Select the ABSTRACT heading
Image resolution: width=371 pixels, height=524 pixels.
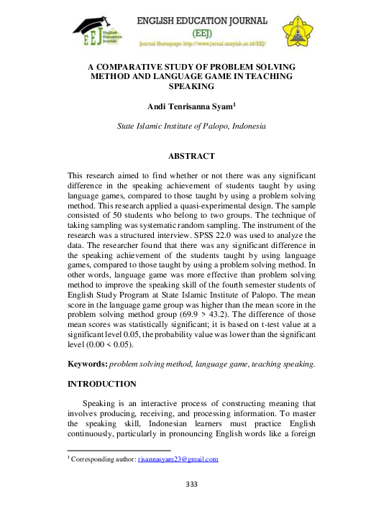tap(191, 155)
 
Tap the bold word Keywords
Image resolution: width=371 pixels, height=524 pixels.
tap(83, 365)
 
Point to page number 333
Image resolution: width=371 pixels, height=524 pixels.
tap(191, 484)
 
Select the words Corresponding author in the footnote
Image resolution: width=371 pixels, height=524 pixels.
tap(101, 459)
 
